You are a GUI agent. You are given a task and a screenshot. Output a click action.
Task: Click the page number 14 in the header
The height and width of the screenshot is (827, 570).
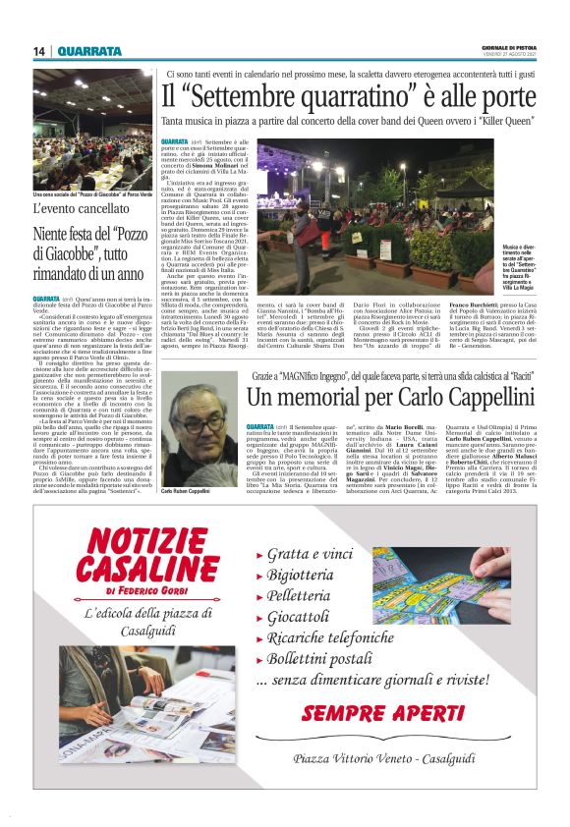tap(39, 52)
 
